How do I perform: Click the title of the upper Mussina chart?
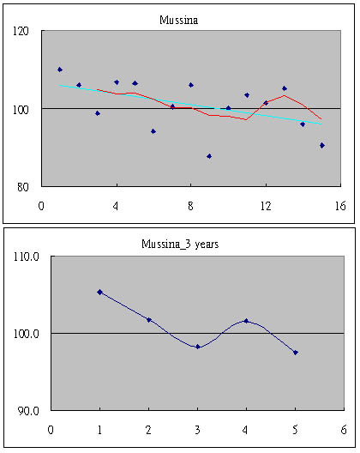point(178,21)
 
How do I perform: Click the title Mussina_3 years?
point(180,245)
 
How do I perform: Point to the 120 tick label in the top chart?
point(21,31)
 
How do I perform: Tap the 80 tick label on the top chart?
point(23,187)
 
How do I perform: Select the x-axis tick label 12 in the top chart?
point(266,206)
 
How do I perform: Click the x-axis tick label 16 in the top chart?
point(340,206)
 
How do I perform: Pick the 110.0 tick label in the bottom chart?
point(27,257)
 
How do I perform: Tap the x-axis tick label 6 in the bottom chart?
point(344,430)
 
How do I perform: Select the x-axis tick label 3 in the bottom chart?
point(197,430)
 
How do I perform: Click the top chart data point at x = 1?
point(60,69)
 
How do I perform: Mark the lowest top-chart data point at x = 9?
point(209,156)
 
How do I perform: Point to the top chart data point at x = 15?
point(322,145)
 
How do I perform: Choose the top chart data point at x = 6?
point(153,131)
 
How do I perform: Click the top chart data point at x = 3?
point(98,113)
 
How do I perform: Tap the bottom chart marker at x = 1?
point(100,292)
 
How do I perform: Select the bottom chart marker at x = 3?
point(198,347)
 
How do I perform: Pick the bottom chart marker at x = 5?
point(296,353)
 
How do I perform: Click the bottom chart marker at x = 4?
point(246,321)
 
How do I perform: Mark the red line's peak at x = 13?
point(285,95)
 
